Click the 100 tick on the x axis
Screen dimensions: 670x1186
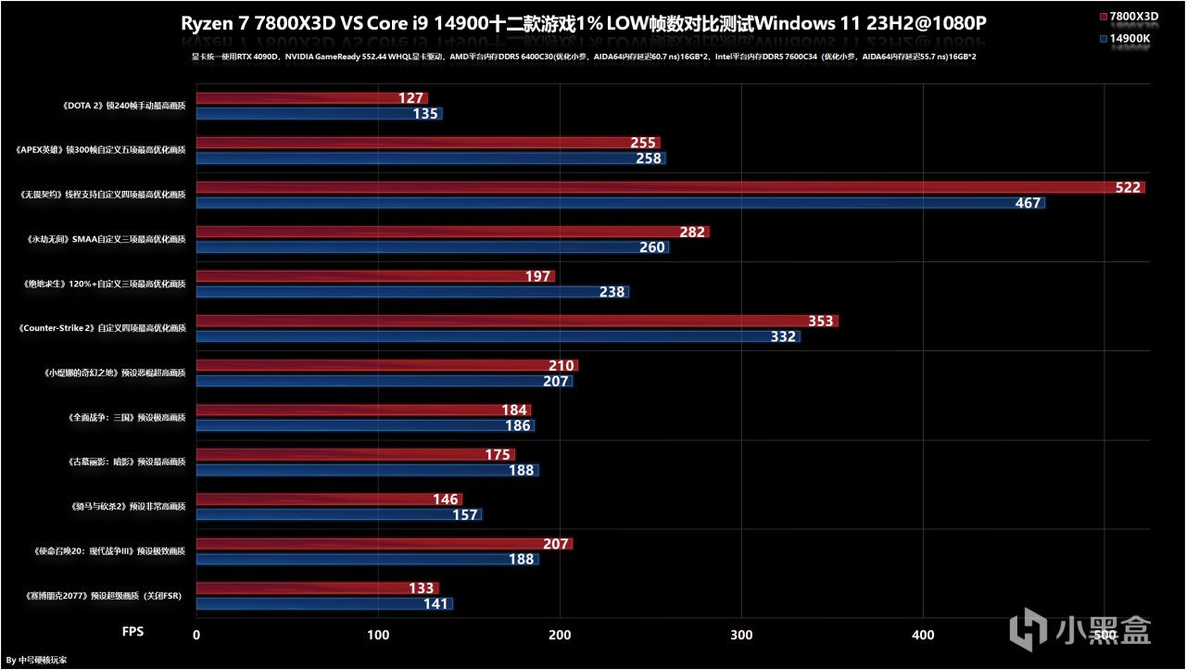(x=377, y=635)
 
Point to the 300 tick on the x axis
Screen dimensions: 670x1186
(x=741, y=635)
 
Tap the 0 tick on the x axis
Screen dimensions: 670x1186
(x=196, y=635)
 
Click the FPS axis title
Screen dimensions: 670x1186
(x=133, y=631)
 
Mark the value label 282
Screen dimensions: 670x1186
(x=692, y=233)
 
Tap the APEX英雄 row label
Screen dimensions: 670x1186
(x=102, y=150)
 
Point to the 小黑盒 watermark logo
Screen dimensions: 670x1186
(x=1084, y=631)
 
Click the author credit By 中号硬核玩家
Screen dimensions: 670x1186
(x=36, y=661)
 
